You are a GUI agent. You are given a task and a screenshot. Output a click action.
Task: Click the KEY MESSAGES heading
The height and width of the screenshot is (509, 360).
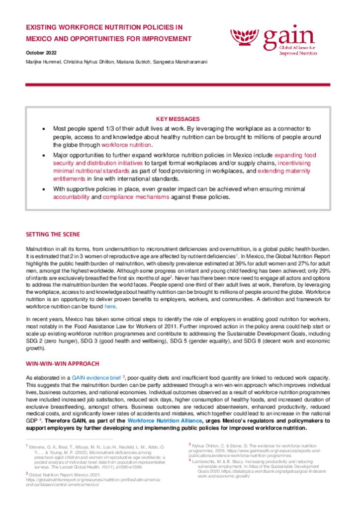[178, 119]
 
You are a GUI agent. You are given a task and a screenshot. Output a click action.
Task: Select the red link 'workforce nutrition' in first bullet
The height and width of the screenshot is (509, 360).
[126, 145]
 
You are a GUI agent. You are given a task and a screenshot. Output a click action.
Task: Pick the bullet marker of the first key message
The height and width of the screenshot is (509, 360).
[45, 129]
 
